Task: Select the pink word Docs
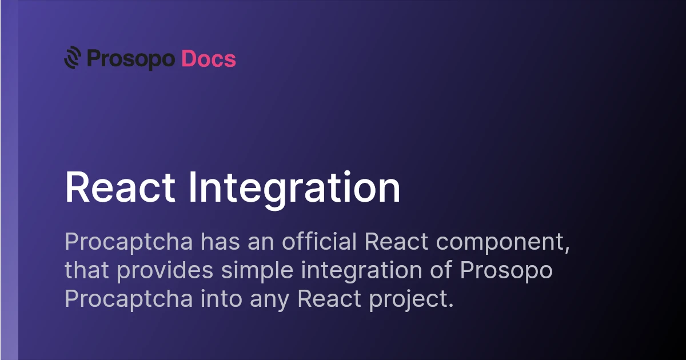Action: click(x=209, y=59)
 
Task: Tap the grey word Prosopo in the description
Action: click(x=506, y=271)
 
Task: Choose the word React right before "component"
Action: click(x=396, y=242)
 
